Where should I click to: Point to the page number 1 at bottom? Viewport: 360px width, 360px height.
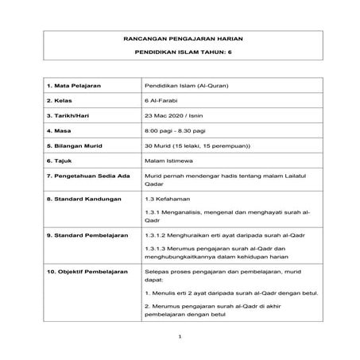pos(180,337)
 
